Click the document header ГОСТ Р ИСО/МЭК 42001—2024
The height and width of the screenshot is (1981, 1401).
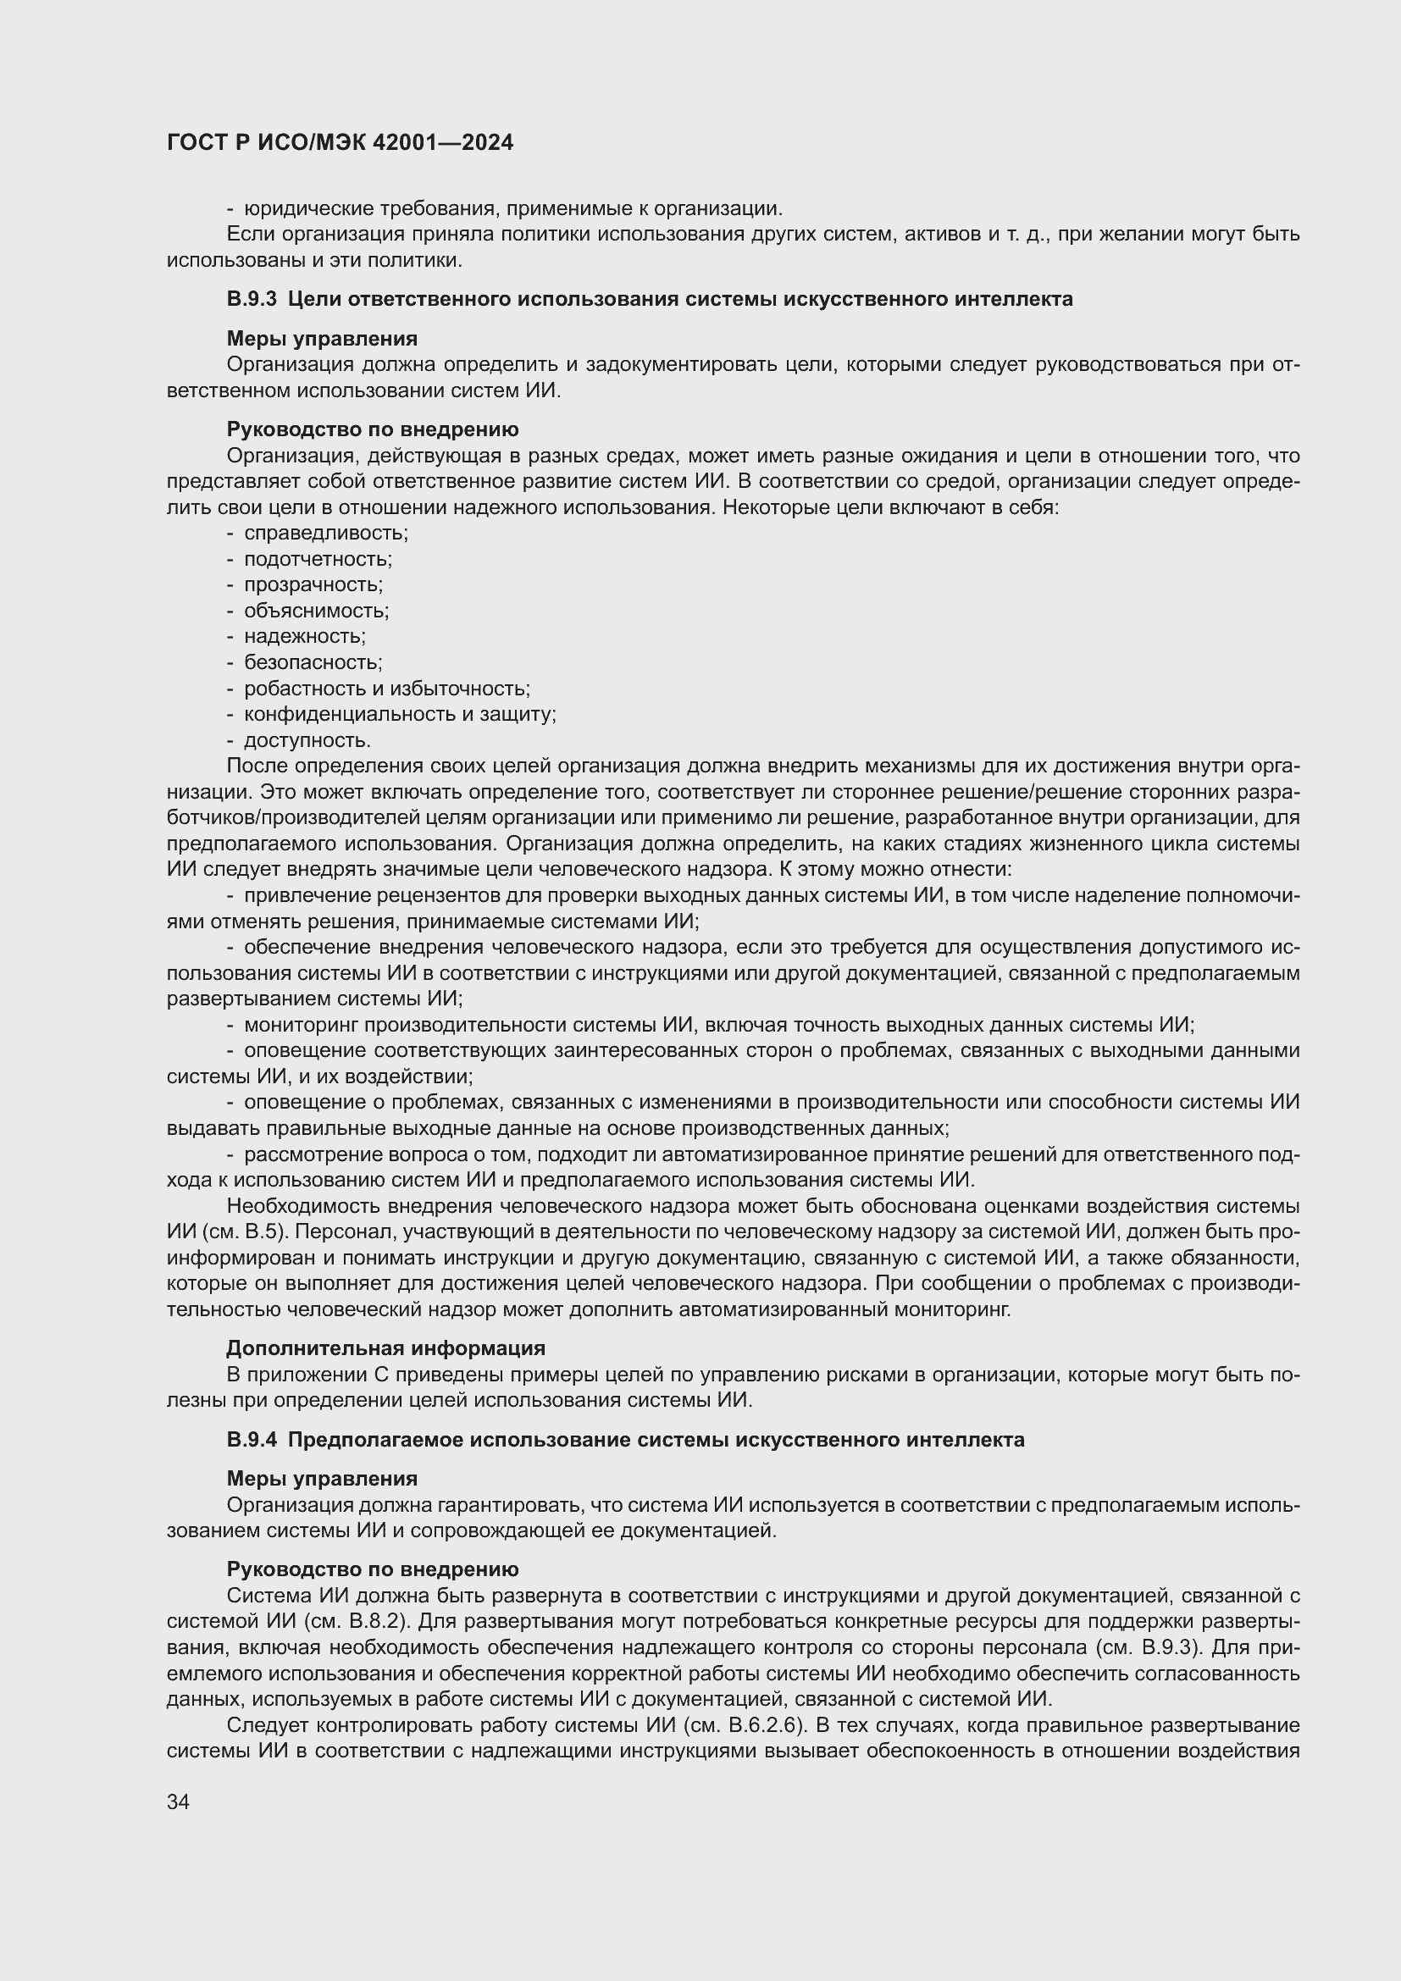[x=340, y=142]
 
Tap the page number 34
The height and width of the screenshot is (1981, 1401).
[x=179, y=1801]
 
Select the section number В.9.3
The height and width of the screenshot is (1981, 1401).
[x=252, y=299]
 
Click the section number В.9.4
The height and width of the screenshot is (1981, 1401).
[x=252, y=1440]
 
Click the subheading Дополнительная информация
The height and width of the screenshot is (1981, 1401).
[x=385, y=1347]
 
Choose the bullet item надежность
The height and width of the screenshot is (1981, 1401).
[x=305, y=637]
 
